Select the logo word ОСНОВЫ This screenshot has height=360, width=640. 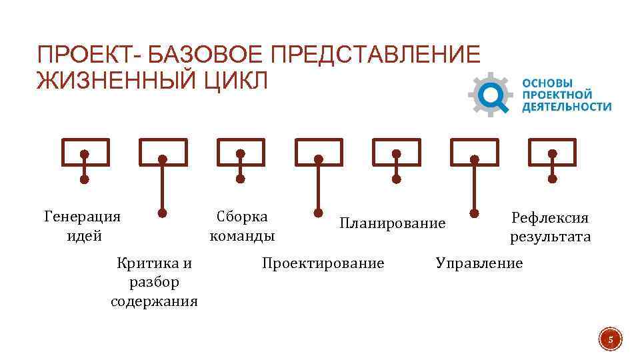pyautogui.click(x=547, y=83)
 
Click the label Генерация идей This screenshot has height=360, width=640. pyautogui.click(x=82, y=226)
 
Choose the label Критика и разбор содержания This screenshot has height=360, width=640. pyautogui.click(x=154, y=282)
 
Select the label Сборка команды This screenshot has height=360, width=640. pyautogui.click(x=242, y=226)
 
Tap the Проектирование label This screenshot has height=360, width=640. pyautogui.click(x=323, y=263)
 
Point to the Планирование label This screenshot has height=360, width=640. pyautogui.click(x=392, y=223)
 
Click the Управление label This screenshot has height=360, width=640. pyautogui.click(x=479, y=263)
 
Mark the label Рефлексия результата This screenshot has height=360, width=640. pyautogui.click(x=550, y=227)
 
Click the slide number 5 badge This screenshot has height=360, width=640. pyautogui.click(x=609, y=341)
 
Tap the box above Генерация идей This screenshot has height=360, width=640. pyautogui.click(x=85, y=152)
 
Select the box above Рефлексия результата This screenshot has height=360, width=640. pyautogui.click(x=552, y=152)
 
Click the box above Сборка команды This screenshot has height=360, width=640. pyautogui.click(x=241, y=152)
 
